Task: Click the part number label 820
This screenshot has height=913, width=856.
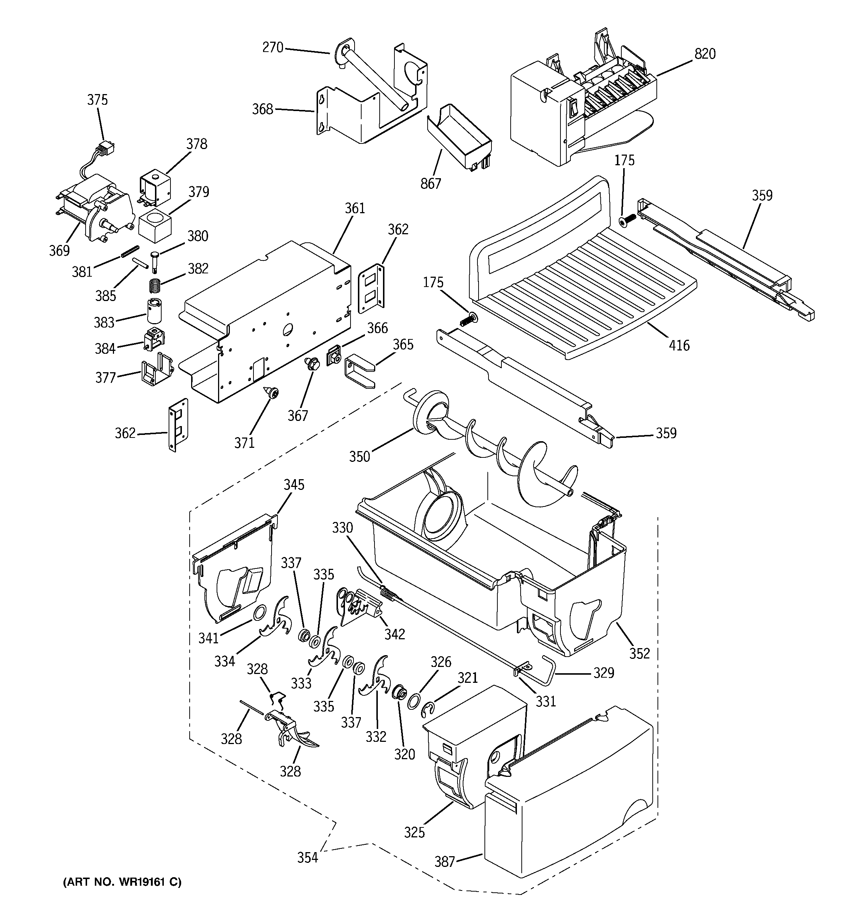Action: point(704,54)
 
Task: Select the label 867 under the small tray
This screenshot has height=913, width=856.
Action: point(431,183)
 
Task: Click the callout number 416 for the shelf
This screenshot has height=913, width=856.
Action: point(679,345)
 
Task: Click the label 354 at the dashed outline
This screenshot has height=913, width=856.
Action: point(307,857)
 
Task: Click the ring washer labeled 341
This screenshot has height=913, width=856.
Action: point(260,612)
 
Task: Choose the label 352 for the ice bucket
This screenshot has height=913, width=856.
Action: point(639,653)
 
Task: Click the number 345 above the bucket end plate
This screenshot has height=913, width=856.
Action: point(294,484)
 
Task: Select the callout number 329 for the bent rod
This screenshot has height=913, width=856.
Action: point(603,673)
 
